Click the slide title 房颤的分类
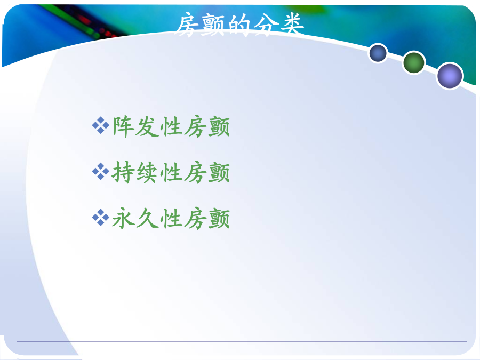pyautogui.click(x=241, y=25)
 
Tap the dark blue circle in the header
pyautogui.click(x=378, y=53)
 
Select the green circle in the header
pyautogui.click(x=414, y=63)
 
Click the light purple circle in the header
pyautogui.click(x=450, y=76)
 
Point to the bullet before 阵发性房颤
pyautogui.click(x=101, y=125)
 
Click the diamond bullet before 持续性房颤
pyautogui.click(x=101, y=172)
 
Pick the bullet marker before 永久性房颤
pyautogui.click(x=101, y=218)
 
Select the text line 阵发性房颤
pyautogui.click(x=171, y=126)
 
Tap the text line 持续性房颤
pyautogui.click(x=171, y=173)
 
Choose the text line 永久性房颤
pyautogui.click(x=171, y=219)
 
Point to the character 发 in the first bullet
pyautogui.click(x=147, y=127)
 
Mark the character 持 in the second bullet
pyautogui.click(x=123, y=173)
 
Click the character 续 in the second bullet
pyautogui.click(x=147, y=173)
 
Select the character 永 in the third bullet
pyautogui.click(x=123, y=219)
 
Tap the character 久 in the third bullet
pyautogui.click(x=147, y=219)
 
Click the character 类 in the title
pyautogui.click(x=292, y=24)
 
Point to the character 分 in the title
pyautogui.click(x=266, y=25)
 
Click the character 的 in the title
pyautogui.click(x=240, y=25)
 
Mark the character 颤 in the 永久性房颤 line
pyautogui.click(x=219, y=219)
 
